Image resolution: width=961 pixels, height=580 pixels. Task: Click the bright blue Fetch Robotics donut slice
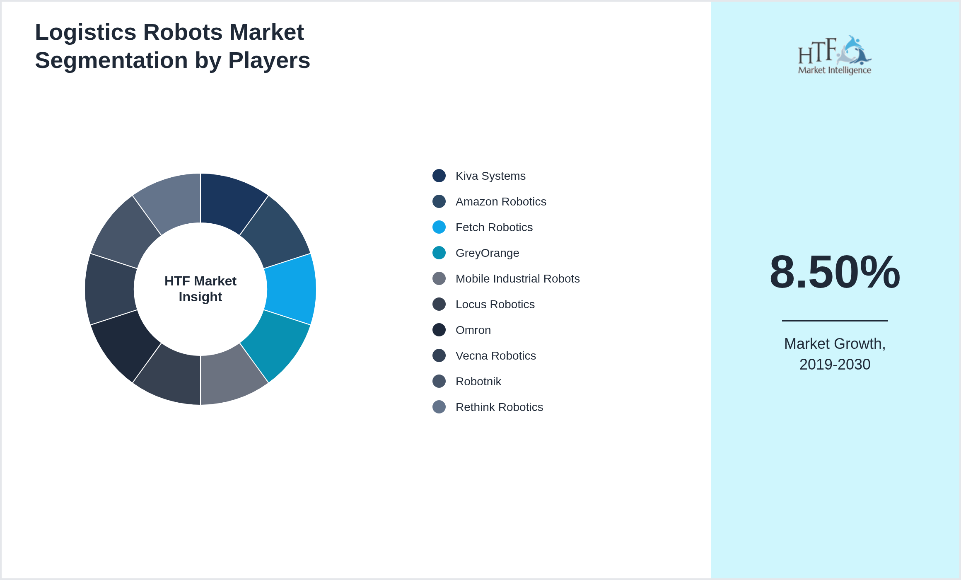291,289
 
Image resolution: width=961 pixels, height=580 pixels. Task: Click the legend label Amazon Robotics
500,201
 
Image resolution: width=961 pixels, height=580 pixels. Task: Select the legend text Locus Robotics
495,304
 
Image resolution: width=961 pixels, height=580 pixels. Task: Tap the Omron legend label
473,330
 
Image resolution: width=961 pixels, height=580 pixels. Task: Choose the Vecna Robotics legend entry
495,355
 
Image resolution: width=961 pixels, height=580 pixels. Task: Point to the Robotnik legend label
478,381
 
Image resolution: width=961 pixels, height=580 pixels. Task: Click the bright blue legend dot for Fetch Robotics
439,227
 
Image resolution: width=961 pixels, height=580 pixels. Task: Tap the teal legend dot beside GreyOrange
439,253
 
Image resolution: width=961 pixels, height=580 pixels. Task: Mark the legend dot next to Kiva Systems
439,176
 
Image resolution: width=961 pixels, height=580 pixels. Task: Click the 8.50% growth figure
835,272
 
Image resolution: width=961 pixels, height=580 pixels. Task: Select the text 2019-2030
835,365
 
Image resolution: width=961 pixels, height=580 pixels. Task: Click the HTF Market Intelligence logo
835,55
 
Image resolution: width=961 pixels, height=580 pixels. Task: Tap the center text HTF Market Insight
200,289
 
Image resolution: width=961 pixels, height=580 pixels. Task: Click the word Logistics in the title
85,32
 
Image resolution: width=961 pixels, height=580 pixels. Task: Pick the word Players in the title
269,60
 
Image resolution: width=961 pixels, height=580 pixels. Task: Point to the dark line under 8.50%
835,320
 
